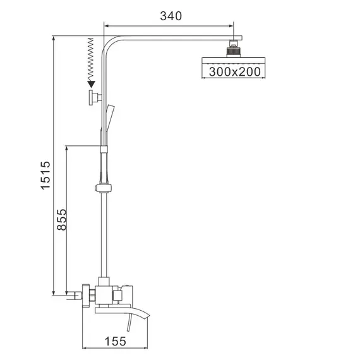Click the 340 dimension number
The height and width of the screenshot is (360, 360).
(170, 16)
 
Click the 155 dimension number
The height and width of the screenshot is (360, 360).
(115, 341)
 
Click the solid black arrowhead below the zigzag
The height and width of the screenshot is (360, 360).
(92, 82)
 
